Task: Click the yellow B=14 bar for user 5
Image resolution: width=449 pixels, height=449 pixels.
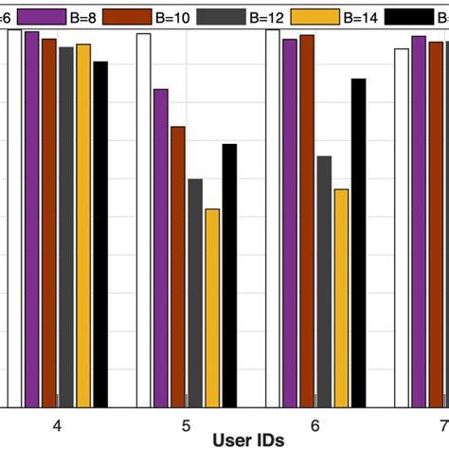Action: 212,308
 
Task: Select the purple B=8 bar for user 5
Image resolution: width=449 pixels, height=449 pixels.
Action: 161,247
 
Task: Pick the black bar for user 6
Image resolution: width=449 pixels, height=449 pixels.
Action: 358,242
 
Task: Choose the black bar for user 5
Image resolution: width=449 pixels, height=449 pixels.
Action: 229,275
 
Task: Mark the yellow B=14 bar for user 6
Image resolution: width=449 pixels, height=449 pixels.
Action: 341,297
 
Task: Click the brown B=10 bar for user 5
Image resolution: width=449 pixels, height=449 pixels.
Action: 178,266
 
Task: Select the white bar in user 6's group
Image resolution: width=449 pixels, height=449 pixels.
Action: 273,218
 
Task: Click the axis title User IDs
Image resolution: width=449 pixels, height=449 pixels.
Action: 247,440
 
